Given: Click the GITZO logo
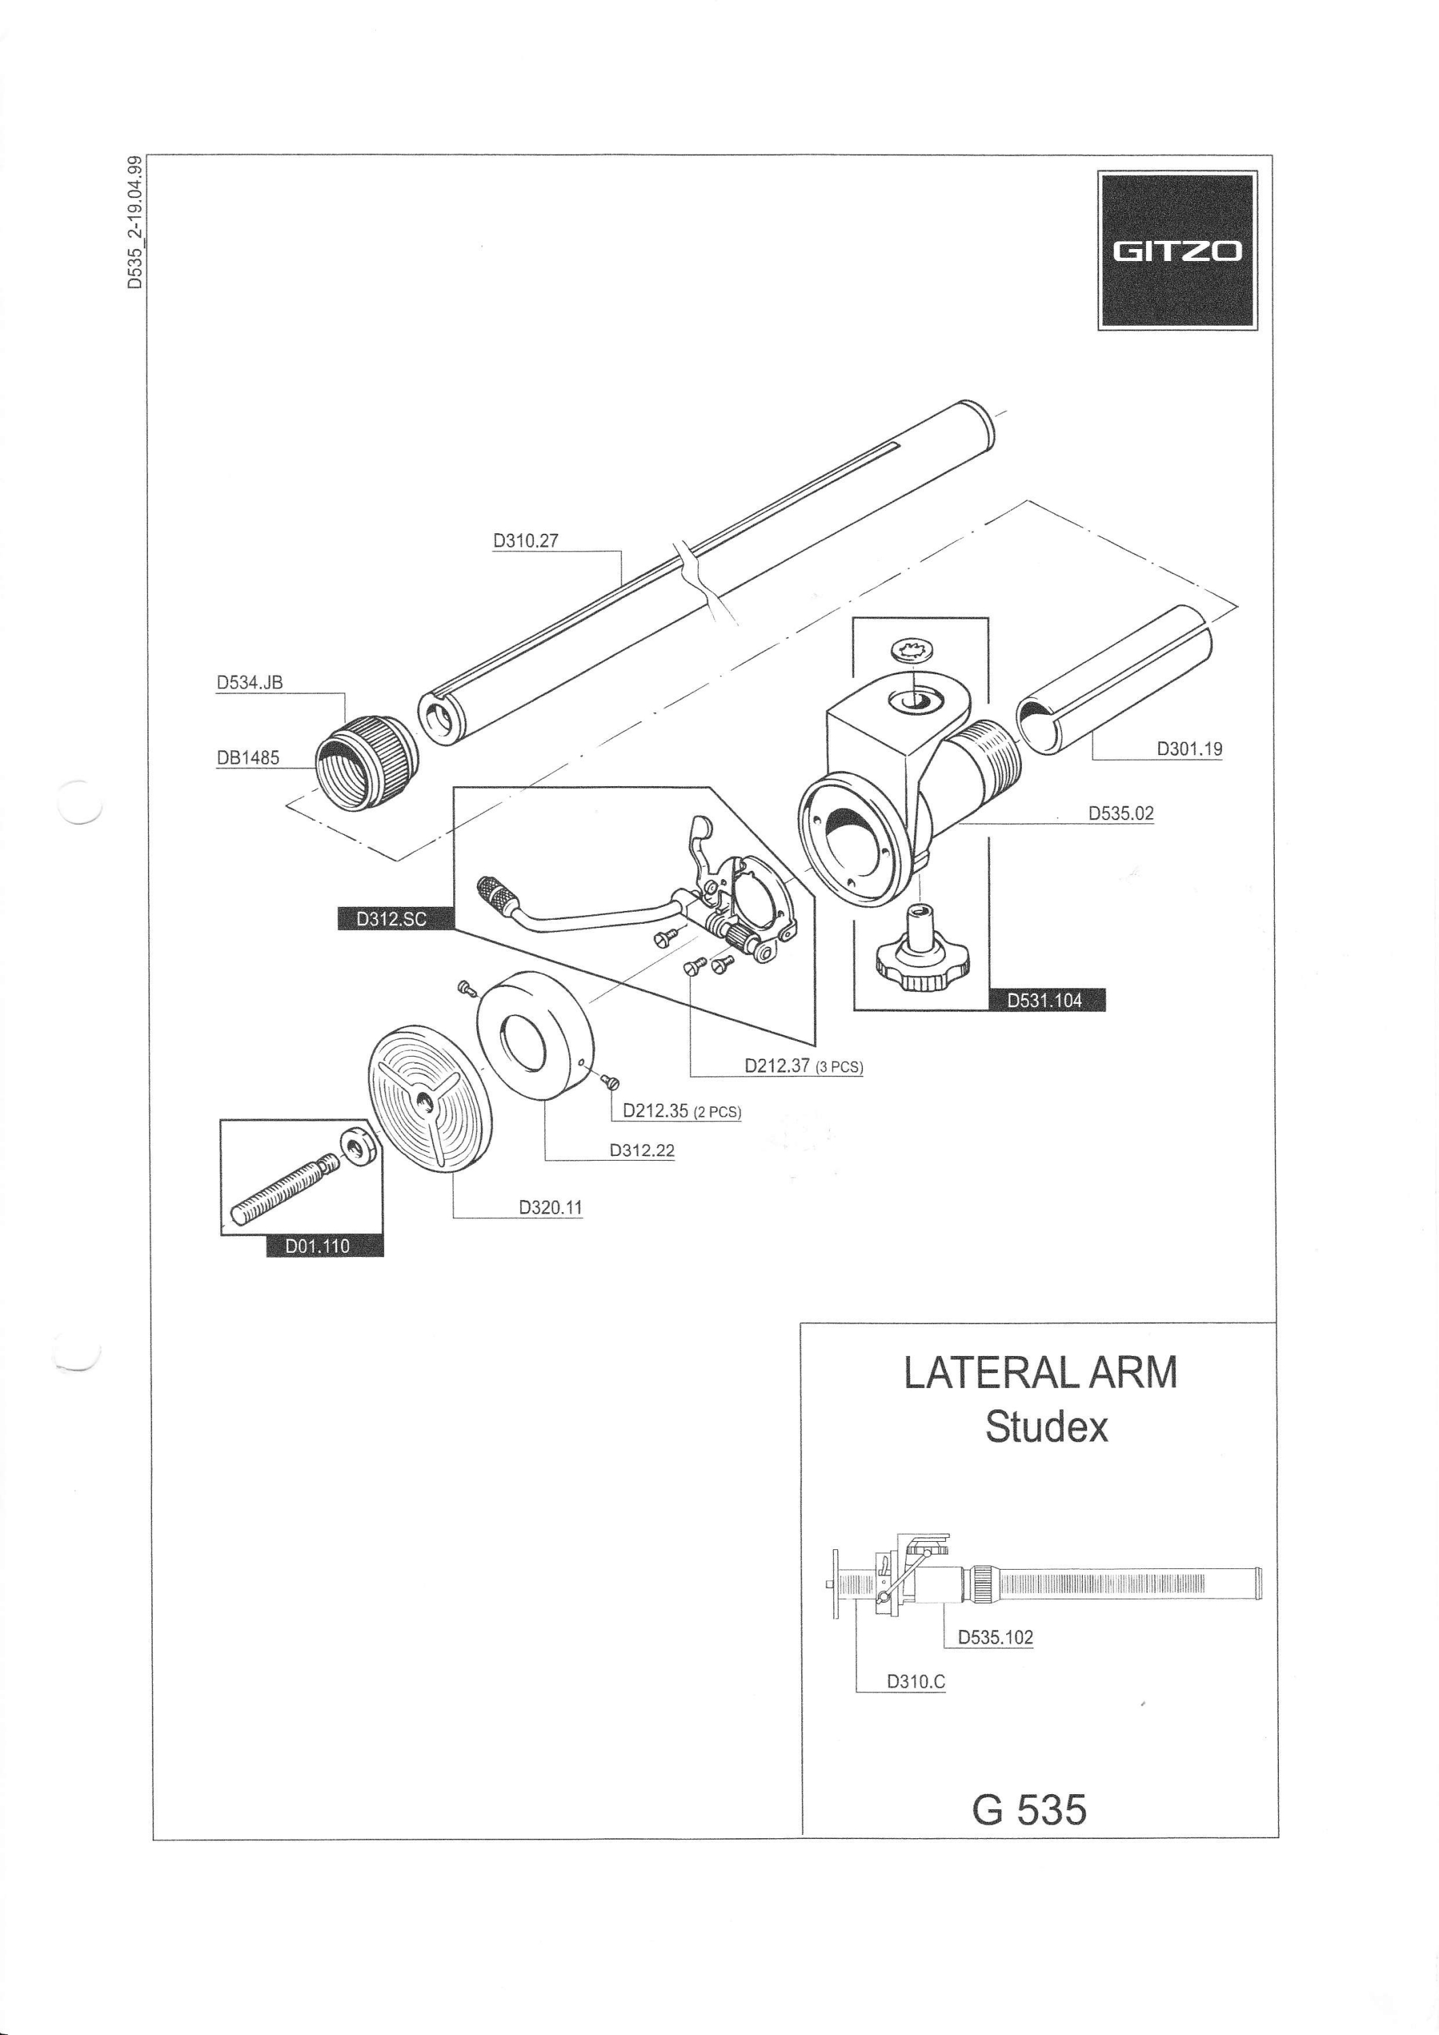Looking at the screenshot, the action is click(x=1176, y=251).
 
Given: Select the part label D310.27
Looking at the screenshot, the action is click(x=526, y=541).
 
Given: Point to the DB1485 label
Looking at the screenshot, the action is click(x=248, y=758).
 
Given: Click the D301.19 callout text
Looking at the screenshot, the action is click(x=1189, y=749).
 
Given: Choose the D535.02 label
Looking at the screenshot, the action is click(x=1121, y=813).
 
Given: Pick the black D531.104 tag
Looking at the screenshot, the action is click(x=1046, y=1001).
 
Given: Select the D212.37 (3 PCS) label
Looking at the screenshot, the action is click(x=803, y=1066).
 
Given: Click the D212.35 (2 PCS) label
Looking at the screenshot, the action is click(x=682, y=1110).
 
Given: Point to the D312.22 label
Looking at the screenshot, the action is click(x=642, y=1150).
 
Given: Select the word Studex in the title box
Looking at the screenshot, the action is click(x=1046, y=1427).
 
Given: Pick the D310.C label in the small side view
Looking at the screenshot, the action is click(x=916, y=1682).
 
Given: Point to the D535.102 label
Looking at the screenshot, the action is click(x=996, y=1637).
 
